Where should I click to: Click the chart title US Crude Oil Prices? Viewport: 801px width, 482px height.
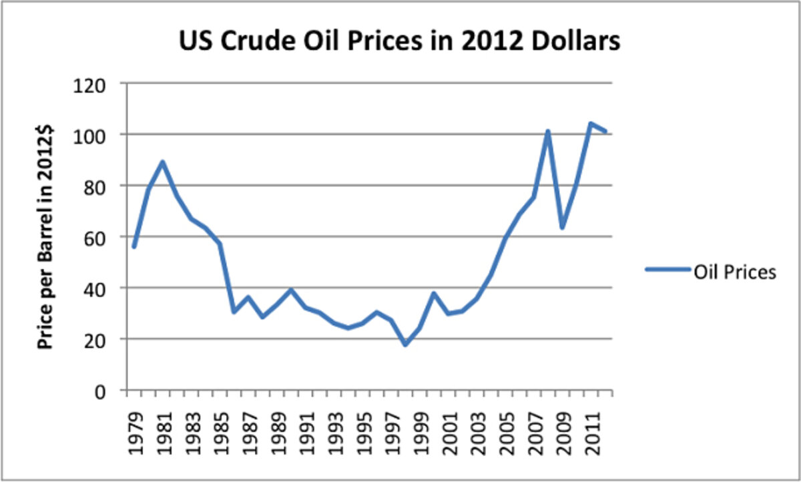click(399, 41)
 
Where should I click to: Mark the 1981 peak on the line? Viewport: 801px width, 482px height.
click(162, 162)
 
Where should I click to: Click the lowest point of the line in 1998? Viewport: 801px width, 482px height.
click(405, 344)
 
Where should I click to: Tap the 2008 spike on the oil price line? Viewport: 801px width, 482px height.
click(547, 132)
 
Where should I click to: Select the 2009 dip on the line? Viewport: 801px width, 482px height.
click(562, 228)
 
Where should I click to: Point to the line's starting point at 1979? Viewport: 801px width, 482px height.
click(133, 247)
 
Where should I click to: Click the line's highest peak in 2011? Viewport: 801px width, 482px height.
click(590, 124)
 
